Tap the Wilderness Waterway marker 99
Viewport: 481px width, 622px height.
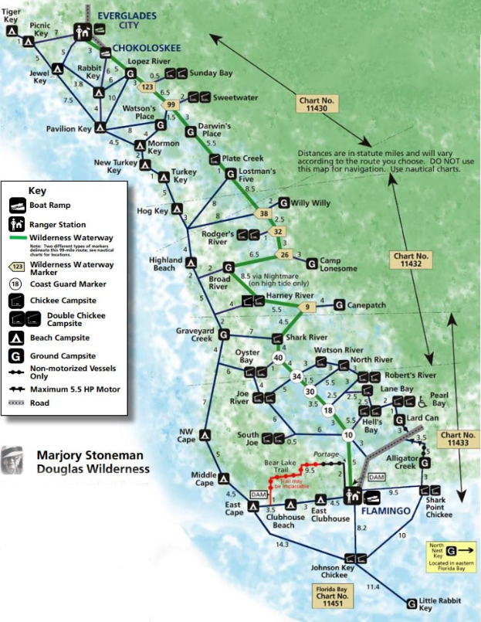[171, 104]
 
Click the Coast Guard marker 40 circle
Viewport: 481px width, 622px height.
[279, 358]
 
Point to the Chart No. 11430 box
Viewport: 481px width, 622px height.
[318, 104]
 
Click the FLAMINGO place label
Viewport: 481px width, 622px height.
[386, 512]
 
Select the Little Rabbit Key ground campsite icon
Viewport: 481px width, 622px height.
[412, 603]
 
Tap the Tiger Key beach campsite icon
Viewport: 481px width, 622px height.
[12, 30]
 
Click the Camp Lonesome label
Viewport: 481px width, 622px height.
[339, 264]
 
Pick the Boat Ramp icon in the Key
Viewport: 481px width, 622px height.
[18, 206]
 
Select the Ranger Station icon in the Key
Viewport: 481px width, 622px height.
[18, 224]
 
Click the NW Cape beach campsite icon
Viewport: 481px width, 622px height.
[205, 435]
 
